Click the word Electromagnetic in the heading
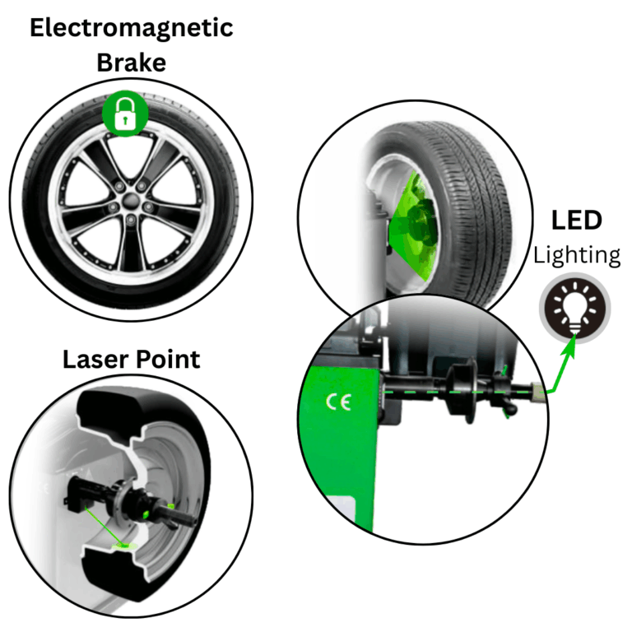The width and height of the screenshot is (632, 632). [x=131, y=28]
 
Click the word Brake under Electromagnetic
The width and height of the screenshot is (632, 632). [x=131, y=63]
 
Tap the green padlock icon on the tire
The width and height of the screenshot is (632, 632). [x=124, y=114]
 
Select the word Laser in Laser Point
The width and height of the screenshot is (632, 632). [x=93, y=360]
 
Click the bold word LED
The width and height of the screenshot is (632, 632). [x=576, y=220]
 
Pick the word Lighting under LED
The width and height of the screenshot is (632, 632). [x=576, y=255]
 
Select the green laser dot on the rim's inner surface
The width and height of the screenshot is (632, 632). [x=123, y=543]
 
